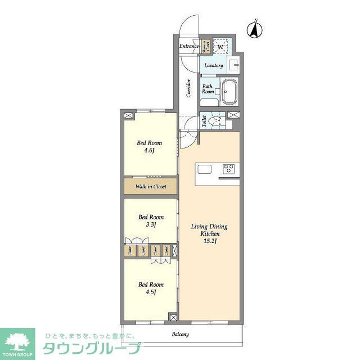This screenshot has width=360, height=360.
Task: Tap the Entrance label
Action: [189, 46]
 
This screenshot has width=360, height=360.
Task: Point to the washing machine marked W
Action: [221, 46]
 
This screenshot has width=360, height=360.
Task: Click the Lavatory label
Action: [214, 65]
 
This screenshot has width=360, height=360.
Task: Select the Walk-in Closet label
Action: [150, 187]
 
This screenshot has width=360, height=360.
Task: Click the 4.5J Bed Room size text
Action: [151, 292]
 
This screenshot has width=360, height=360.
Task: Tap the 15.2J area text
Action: [209, 241]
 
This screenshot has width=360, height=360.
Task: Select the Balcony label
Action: [180, 334]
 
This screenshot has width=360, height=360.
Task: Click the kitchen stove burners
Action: [229, 168]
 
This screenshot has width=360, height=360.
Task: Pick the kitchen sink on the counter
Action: [204, 169]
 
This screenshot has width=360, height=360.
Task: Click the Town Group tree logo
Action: [17, 339]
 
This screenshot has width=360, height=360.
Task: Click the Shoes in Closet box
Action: [205, 46]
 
